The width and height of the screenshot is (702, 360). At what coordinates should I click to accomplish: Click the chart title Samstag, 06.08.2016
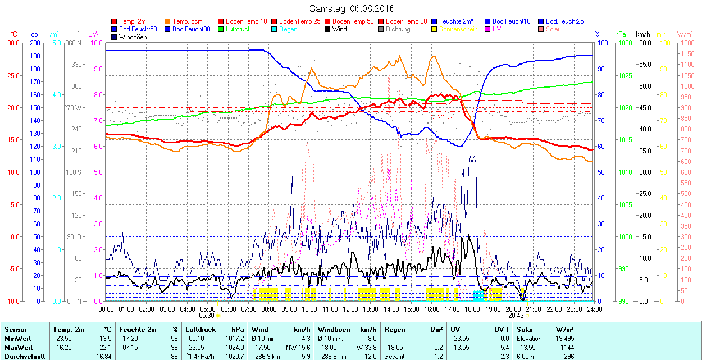pyautogui.click(x=352, y=8)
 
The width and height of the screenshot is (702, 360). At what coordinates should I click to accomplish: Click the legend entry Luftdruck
pyautogui.click(x=238, y=29)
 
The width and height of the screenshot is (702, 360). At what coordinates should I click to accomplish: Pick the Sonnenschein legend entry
pyautogui.click(x=458, y=29)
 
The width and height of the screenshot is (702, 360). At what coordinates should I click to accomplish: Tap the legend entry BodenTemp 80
pyautogui.click(x=406, y=21)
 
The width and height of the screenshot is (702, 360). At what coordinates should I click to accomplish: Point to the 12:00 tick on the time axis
pyautogui.click(x=350, y=309)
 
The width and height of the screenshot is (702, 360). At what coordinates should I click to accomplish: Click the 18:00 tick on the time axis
pyautogui.click(x=472, y=309)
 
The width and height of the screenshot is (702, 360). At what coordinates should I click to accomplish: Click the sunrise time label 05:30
pyautogui.click(x=207, y=316)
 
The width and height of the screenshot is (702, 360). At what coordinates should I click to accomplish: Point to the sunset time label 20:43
pyautogui.click(x=516, y=316)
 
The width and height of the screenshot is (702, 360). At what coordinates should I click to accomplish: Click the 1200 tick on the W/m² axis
pyautogui.click(x=686, y=43)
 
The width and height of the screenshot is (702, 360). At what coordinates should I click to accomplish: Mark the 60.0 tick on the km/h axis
pyautogui.click(x=644, y=43)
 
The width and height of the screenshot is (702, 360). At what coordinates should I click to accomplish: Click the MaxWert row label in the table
pyautogui.click(x=19, y=347)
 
